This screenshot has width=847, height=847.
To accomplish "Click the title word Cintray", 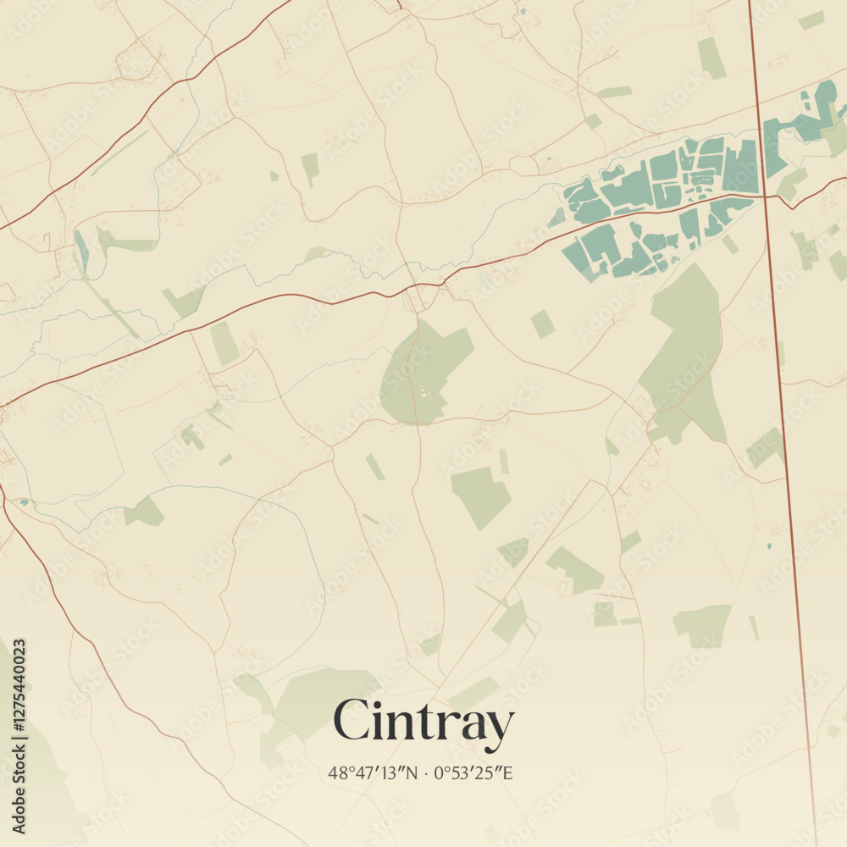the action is pyautogui.click(x=423, y=722).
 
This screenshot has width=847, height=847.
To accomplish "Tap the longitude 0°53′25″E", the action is pyautogui.click(x=474, y=772).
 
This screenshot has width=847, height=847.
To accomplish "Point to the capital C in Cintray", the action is pyautogui.click(x=351, y=720).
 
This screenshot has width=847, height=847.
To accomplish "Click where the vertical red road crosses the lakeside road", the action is pyautogui.click(x=764, y=197).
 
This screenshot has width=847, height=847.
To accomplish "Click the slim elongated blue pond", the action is pyautogui.click(x=80, y=251).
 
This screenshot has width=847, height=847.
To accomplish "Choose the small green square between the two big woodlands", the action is pyautogui.click(x=542, y=324).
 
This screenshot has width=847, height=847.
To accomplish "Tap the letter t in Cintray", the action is pyautogui.click(x=418, y=722).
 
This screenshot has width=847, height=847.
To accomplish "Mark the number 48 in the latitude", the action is pyautogui.click(x=337, y=772).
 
